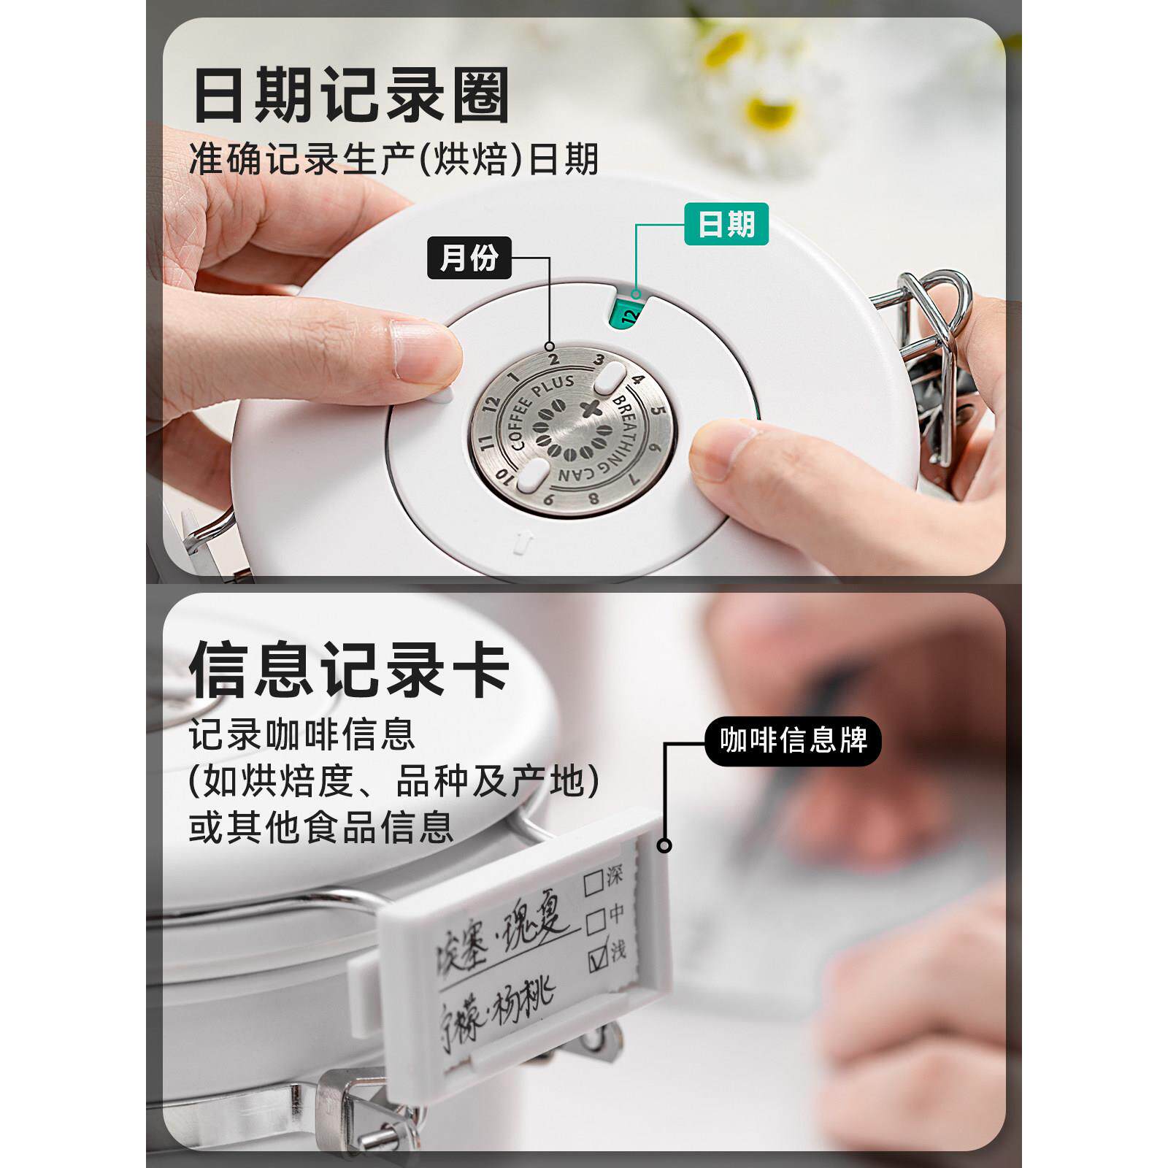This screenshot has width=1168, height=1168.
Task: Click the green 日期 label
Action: point(726,223)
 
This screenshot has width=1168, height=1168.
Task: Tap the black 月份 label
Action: point(468,258)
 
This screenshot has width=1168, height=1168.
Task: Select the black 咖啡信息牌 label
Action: point(793,741)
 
